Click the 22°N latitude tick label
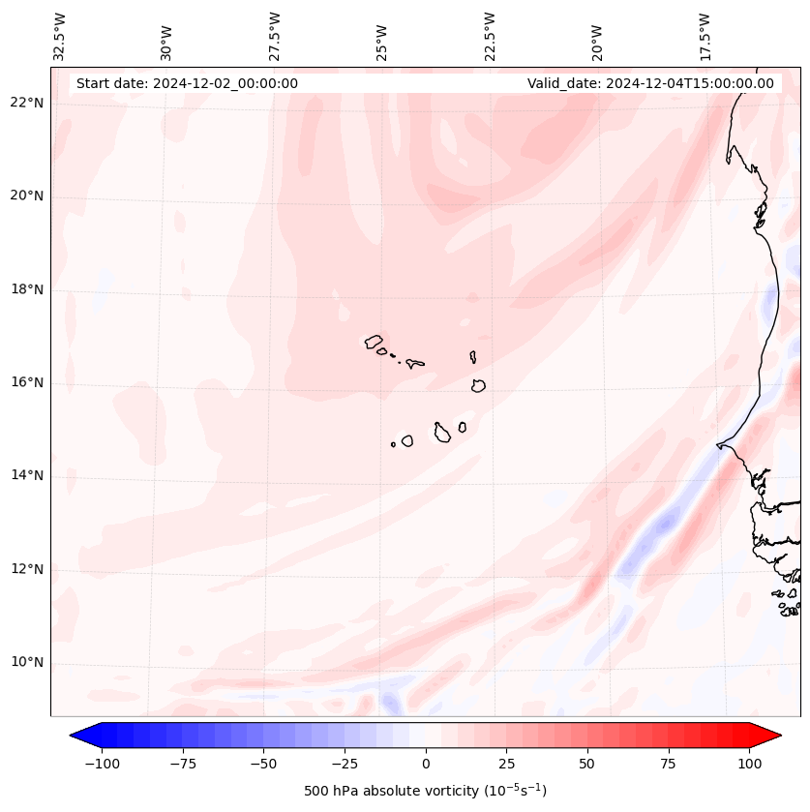(28, 104)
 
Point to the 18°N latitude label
(28, 289)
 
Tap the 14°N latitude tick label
(28, 475)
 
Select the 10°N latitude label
(28, 662)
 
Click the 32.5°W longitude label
(60, 36)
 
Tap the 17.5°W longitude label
(705, 36)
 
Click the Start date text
(187, 83)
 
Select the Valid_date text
(650, 83)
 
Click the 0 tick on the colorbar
(426, 764)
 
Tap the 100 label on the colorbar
(748, 764)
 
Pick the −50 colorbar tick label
(263, 764)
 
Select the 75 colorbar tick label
(668, 764)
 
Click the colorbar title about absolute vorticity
(425, 791)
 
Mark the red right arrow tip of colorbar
(779, 737)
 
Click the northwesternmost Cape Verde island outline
(374, 341)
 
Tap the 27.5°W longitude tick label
(275, 36)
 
